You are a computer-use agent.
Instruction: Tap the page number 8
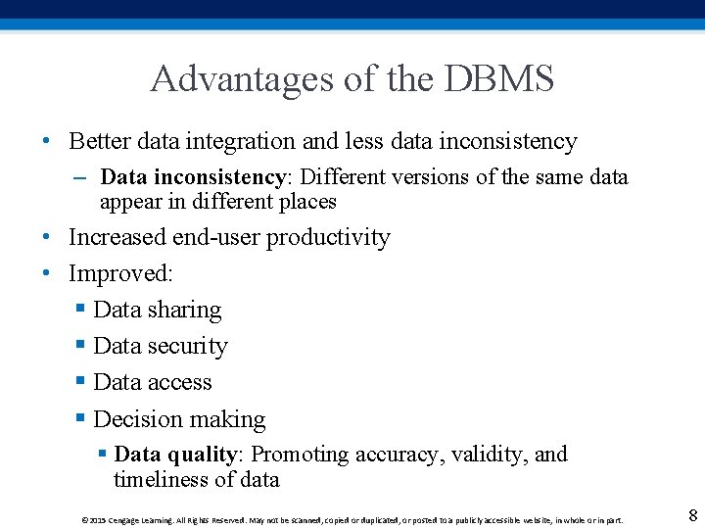point(692,515)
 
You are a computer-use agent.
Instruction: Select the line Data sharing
point(157,311)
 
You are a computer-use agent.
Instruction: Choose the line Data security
point(161,347)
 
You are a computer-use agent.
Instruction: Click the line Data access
point(153,382)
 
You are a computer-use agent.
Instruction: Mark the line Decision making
point(179,419)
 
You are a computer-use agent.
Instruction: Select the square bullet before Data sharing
point(81,310)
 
